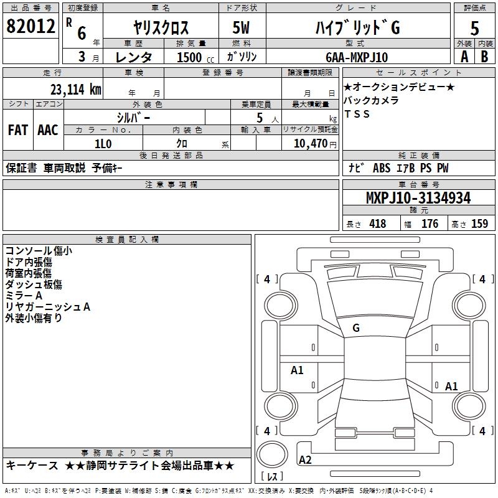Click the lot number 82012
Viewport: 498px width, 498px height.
31,26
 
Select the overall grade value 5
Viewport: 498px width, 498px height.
474,28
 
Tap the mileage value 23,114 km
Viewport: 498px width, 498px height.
76,90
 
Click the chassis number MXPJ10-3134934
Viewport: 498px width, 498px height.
418,198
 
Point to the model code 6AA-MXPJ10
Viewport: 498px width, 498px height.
357,57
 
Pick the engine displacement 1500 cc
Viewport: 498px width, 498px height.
195,57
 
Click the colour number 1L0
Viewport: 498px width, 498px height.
103,144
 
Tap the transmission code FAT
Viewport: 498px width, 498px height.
18,130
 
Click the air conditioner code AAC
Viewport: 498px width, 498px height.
48,130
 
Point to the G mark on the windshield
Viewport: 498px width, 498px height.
356,328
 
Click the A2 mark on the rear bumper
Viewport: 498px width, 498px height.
305,459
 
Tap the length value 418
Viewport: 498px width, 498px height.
378,223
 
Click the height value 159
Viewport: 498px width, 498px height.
479,223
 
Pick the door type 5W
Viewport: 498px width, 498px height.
241,27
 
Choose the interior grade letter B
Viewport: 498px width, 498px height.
485,57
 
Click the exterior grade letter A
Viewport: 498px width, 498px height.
464,57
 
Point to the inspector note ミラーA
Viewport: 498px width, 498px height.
24,295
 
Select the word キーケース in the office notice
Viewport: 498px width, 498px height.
32,466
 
